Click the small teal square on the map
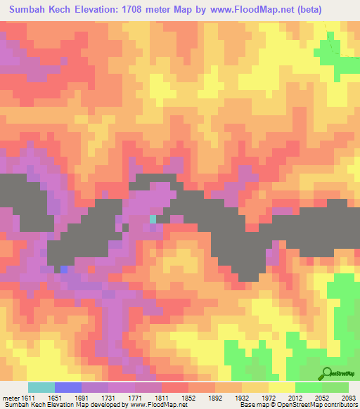(x=153, y=219)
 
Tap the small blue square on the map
(x=64, y=268)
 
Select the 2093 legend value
(x=349, y=397)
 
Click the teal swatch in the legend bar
(x=41, y=387)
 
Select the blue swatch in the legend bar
(x=68, y=387)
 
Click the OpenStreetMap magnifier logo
(x=326, y=372)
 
